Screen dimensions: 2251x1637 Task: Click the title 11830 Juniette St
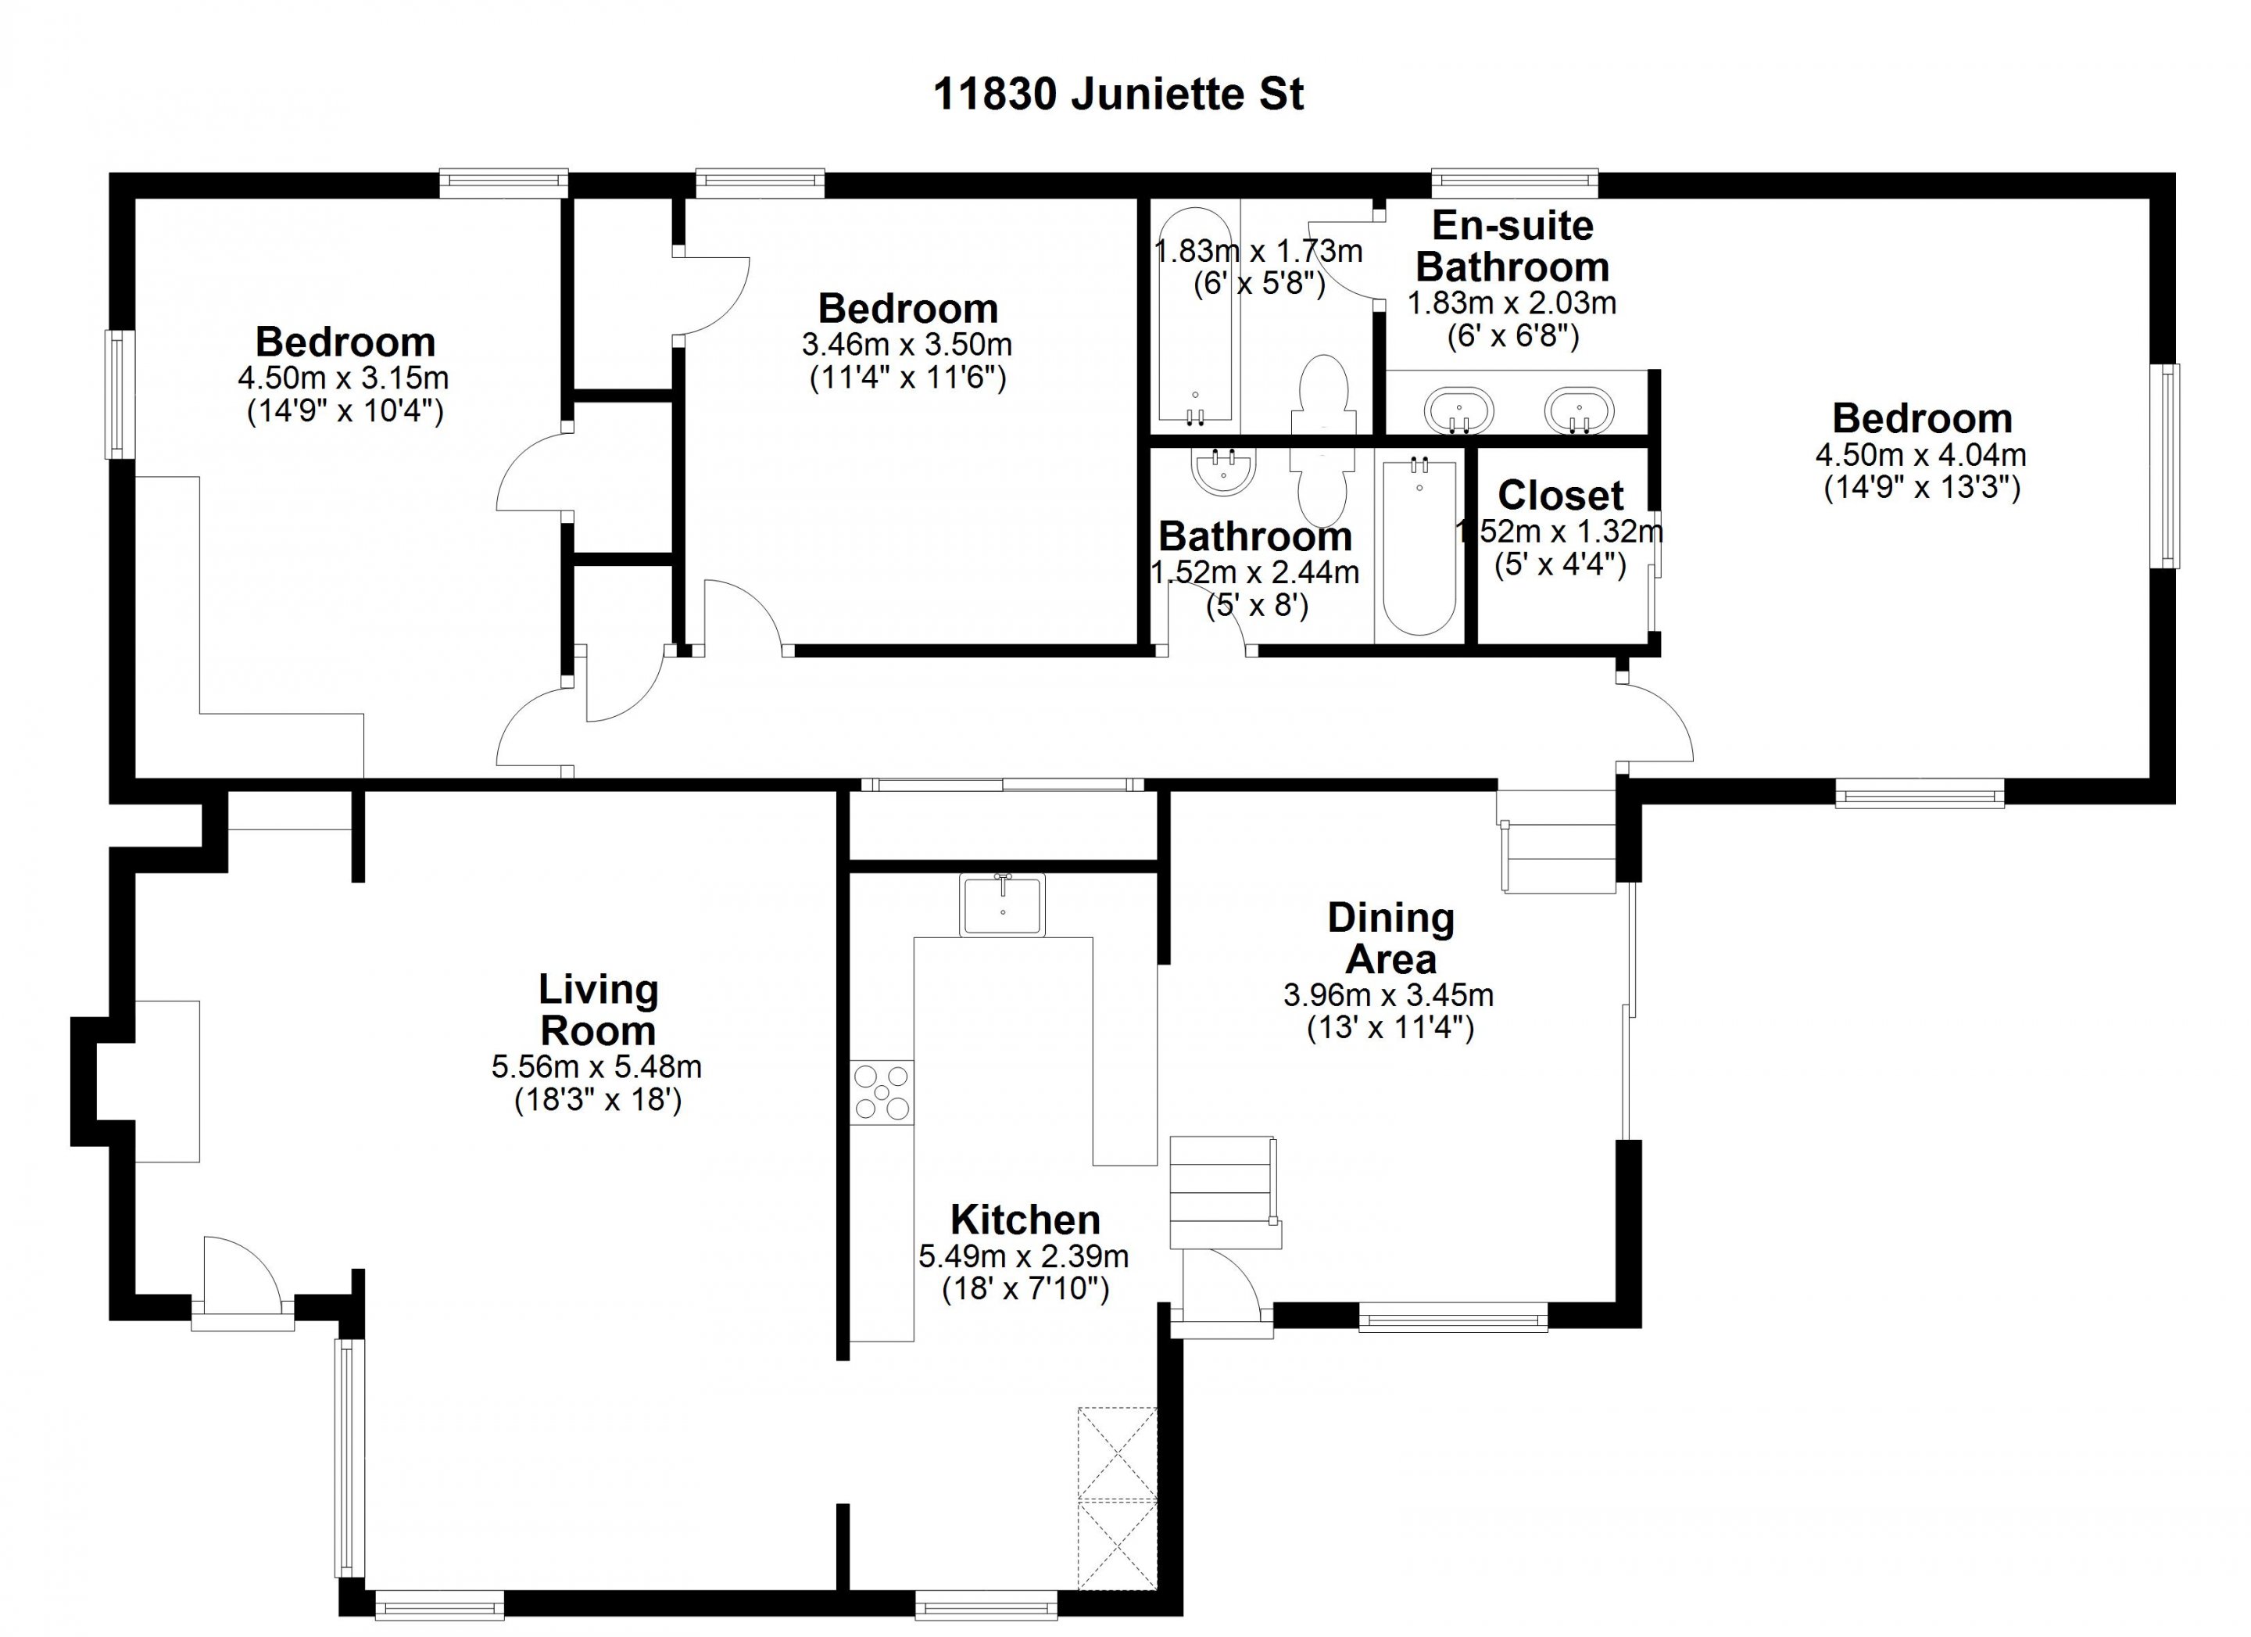pyautogui.click(x=1118, y=95)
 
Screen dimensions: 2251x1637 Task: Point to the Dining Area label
pyautogui.click(x=1390, y=938)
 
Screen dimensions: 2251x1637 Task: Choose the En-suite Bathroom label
pyautogui.click(x=1512, y=246)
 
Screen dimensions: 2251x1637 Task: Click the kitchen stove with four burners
pyautogui.click(x=882, y=1093)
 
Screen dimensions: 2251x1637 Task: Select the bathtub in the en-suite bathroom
pyautogui.click(x=1196, y=316)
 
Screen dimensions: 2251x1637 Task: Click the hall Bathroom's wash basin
pyautogui.click(x=1222, y=471)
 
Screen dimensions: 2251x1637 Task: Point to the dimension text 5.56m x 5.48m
pyautogui.click(x=596, y=1067)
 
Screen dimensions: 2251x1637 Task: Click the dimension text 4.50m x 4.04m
pyautogui.click(x=1921, y=456)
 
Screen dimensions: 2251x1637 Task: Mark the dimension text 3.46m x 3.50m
pyautogui.click(x=907, y=346)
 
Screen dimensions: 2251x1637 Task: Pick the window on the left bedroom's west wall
pyautogui.click(x=121, y=394)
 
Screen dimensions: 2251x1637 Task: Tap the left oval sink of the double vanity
pyautogui.click(x=1459, y=410)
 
